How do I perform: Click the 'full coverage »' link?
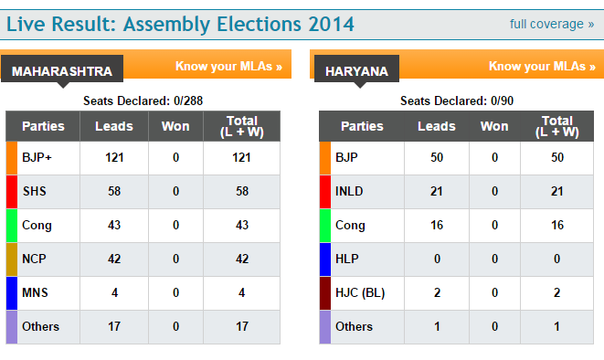tap(558, 24)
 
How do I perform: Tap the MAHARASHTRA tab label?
tap(62, 70)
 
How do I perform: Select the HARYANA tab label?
tap(355, 70)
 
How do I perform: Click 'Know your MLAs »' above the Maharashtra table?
tap(228, 67)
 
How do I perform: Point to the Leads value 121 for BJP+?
tap(114, 157)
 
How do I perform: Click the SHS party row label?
tap(35, 191)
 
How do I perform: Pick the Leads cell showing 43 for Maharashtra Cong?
tap(114, 225)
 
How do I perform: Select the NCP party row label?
tap(35, 259)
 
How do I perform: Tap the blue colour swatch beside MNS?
tap(12, 292)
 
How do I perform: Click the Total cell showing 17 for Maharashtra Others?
tap(241, 326)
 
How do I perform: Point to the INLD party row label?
tap(351, 191)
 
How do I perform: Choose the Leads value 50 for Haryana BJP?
tap(436, 157)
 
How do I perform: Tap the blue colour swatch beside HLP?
tap(324, 259)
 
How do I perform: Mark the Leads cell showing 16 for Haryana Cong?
tap(436, 225)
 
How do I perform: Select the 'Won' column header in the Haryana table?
tap(494, 126)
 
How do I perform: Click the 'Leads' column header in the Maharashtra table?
tap(114, 126)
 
